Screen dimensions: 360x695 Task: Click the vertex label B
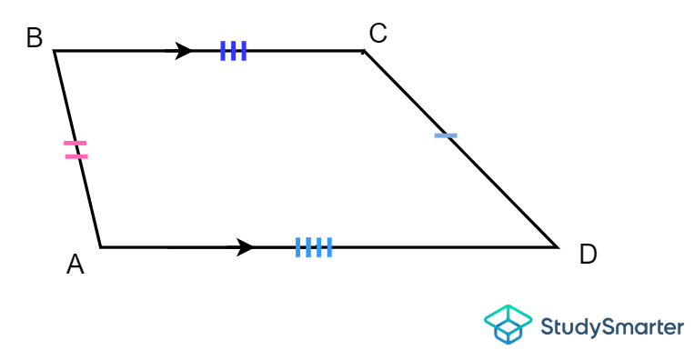tap(35, 38)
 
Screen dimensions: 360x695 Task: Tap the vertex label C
tap(378, 34)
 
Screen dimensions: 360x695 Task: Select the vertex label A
tap(76, 265)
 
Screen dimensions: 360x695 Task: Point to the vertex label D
tap(588, 255)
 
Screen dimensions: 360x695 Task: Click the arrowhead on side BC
tap(183, 51)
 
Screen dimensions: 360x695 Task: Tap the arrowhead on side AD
tap(244, 246)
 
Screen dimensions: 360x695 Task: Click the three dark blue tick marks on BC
tap(233, 51)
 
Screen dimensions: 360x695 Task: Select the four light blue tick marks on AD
tap(314, 246)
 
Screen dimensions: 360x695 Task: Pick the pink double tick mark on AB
tap(76, 150)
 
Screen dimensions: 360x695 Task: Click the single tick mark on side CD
tap(446, 135)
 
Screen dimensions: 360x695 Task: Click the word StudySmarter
tap(611, 326)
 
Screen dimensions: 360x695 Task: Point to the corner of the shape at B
tap(55, 51)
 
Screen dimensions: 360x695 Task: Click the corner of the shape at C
tap(364, 51)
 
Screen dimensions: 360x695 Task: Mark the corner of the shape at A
tap(100, 246)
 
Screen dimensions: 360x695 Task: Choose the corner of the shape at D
tap(556, 246)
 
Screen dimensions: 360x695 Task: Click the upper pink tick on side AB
tap(76, 144)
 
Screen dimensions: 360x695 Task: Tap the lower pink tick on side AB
tap(77, 156)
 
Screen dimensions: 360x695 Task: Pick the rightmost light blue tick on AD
tap(329, 246)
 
